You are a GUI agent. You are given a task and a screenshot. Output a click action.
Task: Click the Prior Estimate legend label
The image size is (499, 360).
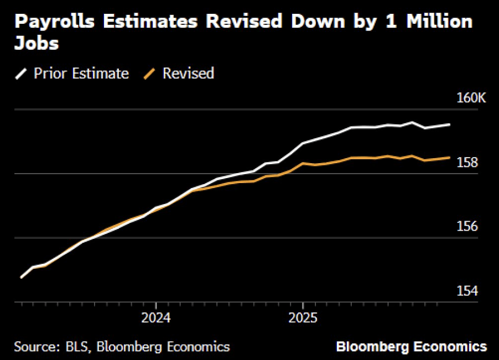(x=81, y=74)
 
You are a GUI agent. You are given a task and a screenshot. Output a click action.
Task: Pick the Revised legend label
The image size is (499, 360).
(x=188, y=74)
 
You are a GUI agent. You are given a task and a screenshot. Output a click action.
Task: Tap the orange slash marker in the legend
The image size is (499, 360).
(x=150, y=74)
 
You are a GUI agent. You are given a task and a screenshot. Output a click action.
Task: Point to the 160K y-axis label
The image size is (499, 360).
(x=471, y=98)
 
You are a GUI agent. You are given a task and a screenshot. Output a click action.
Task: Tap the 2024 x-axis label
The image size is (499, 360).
(x=156, y=319)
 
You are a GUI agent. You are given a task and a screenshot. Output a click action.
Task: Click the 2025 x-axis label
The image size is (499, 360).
(x=303, y=319)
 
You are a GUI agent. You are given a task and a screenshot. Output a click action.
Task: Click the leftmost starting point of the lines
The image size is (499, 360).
(x=21, y=278)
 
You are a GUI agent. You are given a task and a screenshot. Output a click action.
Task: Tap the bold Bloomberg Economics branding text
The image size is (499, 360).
(x=412, y=347)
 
